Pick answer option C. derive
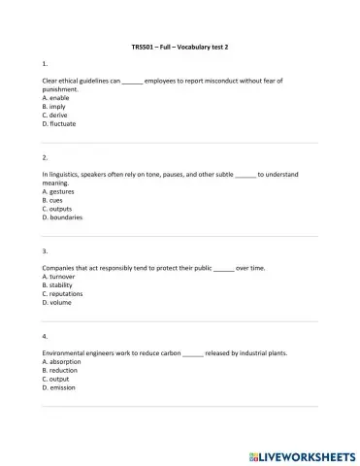point(56,116)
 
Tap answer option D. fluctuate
point(60,124)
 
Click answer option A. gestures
point(60,191)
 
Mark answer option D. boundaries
point(63,217)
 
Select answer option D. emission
point(60,388)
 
